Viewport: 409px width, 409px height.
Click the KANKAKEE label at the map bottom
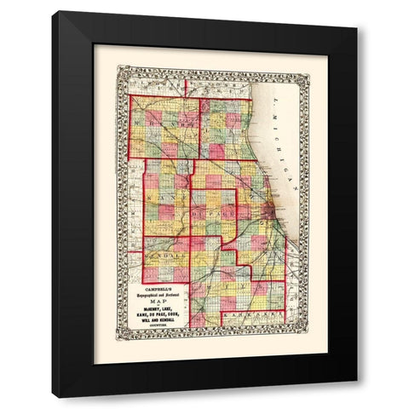pos(256,317)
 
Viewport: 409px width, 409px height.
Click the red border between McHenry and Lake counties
pos(200,128)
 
